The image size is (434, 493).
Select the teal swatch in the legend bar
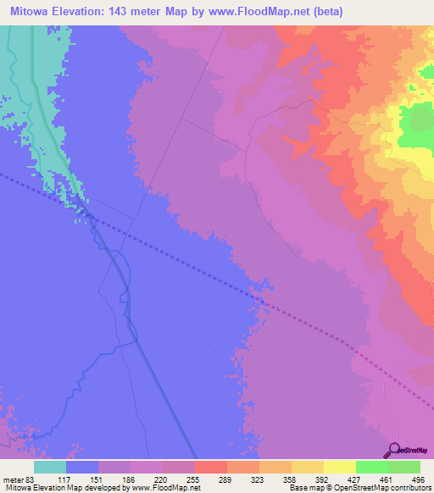(x=50, y=467)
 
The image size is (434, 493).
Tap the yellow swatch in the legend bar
(x=339, y=467)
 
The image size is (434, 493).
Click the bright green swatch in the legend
(x=371, y=467)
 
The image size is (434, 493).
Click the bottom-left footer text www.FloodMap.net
(x=164, y=488)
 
